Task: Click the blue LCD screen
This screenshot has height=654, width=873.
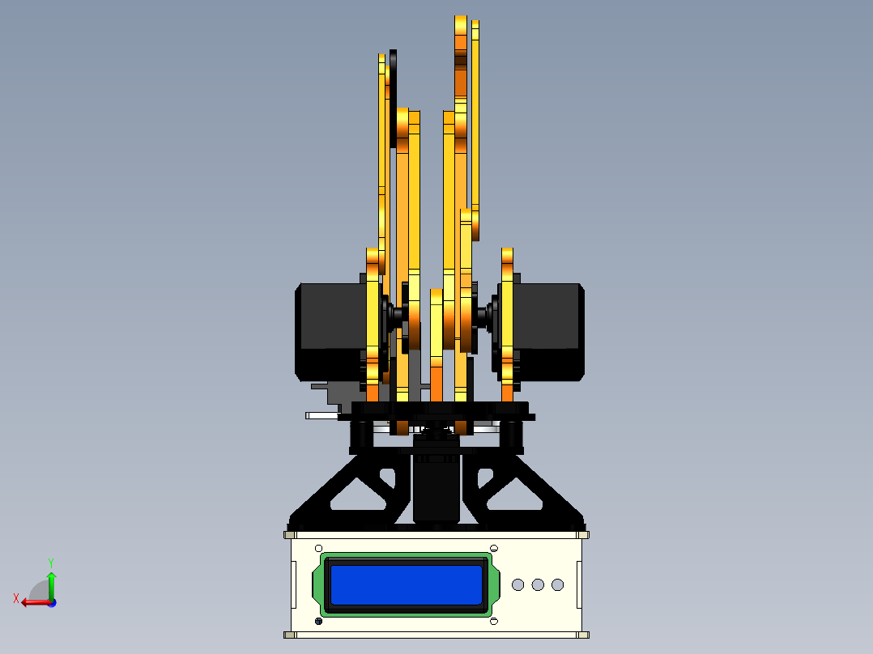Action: click(407, 584)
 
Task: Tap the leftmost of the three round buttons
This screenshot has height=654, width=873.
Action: click(518, 584)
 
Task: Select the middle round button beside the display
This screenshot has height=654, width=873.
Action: click(538, 584)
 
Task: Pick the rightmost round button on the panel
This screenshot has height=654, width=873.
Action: click(557, 584)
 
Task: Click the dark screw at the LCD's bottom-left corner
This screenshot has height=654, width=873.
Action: click(318, 621)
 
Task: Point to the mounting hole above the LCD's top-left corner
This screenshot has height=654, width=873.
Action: click(318, 548)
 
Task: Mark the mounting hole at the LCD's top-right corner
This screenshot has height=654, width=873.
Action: click(494, 548)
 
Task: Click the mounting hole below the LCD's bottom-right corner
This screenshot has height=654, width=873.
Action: click(494, 621)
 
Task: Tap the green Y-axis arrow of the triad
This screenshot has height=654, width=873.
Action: click(51, 583)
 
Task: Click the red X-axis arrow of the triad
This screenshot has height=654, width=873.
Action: click(32, 601)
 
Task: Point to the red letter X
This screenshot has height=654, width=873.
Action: click(16, 598)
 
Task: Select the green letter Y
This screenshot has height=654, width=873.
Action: click(50, 562)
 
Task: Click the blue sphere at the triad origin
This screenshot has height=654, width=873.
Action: click(51, 602)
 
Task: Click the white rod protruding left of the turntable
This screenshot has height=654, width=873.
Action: click(322, 415)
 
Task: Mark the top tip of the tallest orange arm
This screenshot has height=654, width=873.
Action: click(461, 19)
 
